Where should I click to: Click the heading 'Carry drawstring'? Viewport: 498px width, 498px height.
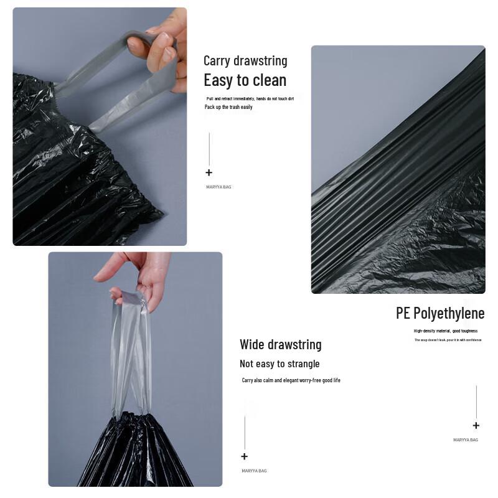coord(245,61)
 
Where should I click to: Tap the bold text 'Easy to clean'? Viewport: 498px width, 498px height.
coord(245,80)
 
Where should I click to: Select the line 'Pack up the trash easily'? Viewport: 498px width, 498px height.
coord(228,107)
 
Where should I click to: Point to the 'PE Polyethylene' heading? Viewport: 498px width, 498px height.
coord(439,313)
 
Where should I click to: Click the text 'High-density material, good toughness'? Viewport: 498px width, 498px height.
coord(446,331)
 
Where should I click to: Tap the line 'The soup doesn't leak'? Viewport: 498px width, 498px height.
coord(448,340)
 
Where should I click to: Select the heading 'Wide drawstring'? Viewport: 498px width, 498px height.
coord(280,345)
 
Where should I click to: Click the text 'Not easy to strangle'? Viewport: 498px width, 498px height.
coord(280,364)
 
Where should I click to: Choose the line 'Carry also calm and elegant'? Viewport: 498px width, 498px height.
coord(291,380)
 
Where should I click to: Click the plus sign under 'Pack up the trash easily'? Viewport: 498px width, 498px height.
coord(209,173)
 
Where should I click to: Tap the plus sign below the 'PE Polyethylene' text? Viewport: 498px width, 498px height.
coord(476,426)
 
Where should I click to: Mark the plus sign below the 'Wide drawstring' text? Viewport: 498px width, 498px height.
coord(245,457)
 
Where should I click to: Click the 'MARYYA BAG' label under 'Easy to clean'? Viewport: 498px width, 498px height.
coord(218,187)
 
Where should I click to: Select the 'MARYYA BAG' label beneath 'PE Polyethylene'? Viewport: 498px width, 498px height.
coord(466,440)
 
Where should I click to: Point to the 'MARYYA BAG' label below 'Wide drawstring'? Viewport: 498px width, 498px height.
coord(254,471)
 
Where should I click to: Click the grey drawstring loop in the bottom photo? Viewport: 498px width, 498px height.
coord(131,355)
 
